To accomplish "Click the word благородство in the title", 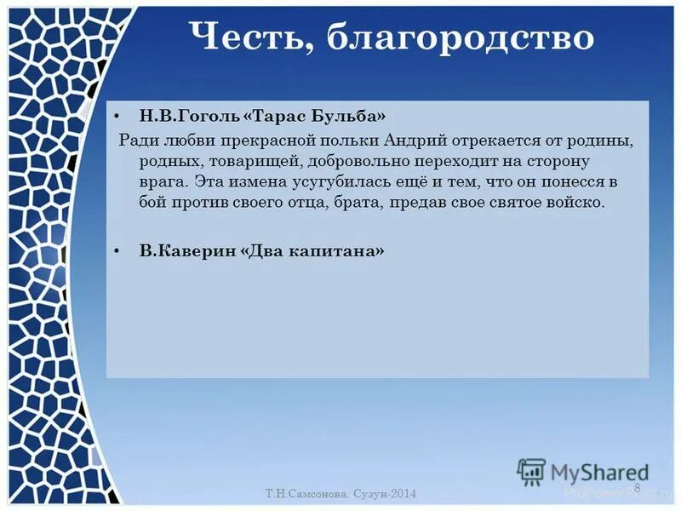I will point(461,38).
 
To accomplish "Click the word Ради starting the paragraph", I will point(134,140).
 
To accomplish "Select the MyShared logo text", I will point(599,473).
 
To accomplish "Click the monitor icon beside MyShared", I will point(531,472).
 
